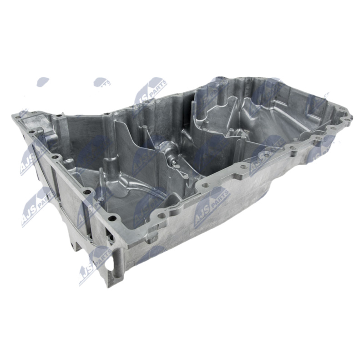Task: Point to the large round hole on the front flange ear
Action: point(205,185)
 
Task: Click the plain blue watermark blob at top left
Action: point(42,82)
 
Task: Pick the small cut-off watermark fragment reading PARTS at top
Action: point(103,82)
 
